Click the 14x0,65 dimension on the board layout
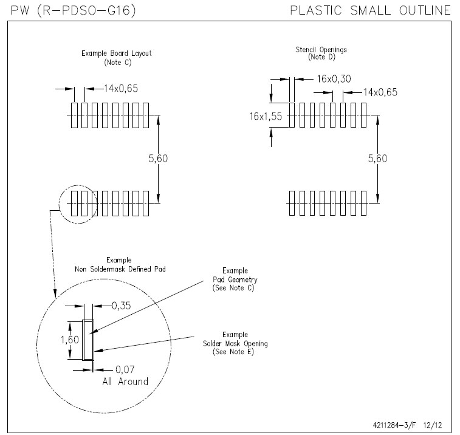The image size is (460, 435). (x=120, y=89)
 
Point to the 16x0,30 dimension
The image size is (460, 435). (x=334, y=78)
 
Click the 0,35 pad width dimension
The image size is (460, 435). (x=122, y=306)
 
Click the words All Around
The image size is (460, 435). (x=125, y=382)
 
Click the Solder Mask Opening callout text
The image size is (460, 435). (x=235, y=343)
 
